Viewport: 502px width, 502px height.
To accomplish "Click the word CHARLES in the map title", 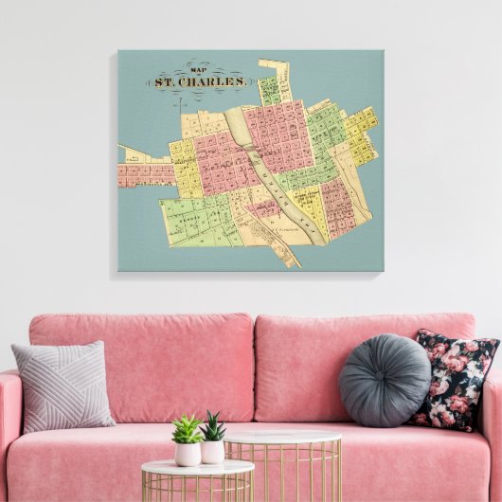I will [x=217, y=81].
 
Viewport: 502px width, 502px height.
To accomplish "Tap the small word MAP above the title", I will [x=198, y=69].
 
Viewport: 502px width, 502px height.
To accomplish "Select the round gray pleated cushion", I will [x=384, y=380].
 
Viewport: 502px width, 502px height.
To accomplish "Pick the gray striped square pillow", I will [x=62, y=385].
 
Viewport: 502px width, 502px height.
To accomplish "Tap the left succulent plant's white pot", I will [x=187, y=454].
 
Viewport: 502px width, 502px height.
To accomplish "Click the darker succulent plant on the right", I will [x=213, y=428].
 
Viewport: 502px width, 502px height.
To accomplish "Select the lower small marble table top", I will [x=197, y=468].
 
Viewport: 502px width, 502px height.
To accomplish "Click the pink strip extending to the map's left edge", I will [x=142, y=174].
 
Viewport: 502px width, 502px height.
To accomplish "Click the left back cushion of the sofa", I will [x=142, y=365].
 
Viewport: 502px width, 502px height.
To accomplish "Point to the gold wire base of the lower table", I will [x=197, y=488].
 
